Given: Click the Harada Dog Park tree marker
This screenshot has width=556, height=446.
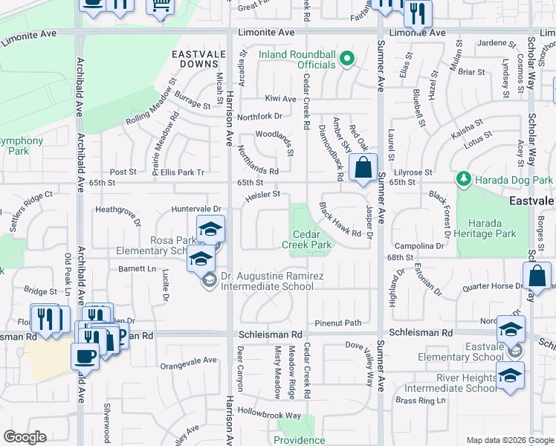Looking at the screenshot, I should coord(464,180).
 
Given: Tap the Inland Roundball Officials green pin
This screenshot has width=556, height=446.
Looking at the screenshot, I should coord(346,60).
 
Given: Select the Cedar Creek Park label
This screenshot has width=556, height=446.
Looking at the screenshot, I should coord(306,239).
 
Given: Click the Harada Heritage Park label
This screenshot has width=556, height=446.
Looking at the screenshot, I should coord(486,228).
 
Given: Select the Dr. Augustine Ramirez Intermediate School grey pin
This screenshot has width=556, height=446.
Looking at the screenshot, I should coord(210,280).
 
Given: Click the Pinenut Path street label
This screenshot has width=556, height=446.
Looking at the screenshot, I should coord(337,323).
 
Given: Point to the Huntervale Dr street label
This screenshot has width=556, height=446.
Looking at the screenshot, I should coord(197,210).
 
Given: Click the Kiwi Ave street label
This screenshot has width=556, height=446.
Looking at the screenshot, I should coord(280,98).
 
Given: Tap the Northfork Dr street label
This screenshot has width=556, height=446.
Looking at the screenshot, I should coord(260,116).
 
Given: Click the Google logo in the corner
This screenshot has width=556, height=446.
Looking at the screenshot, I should coord(25,437).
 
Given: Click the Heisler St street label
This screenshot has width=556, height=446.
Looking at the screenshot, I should coord(260,195).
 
